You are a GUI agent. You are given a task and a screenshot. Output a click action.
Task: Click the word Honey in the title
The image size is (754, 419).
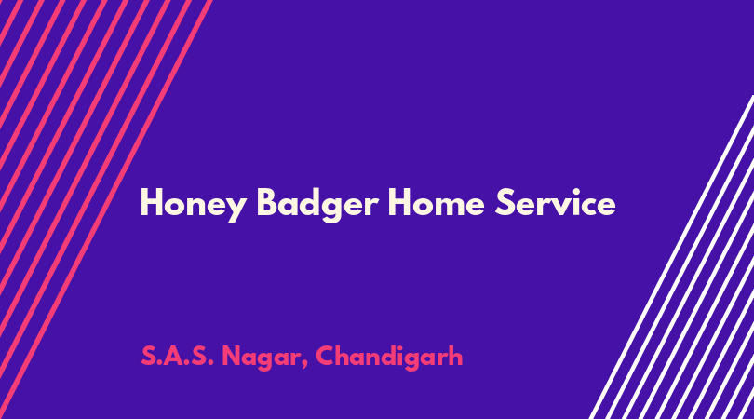pyautogui.click(x=194, y=205)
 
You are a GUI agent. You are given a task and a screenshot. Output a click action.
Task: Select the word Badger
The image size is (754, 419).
pyautogui.click(x=317, y=205)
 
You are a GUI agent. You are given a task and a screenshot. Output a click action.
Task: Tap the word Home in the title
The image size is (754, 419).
pyautogui.click(x=436, y=203)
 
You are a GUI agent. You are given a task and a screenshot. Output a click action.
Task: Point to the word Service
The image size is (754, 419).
pyautogui.click(x=556, y=202)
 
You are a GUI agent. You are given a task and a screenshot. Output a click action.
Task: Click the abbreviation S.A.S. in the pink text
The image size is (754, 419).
pyautogui.click(x=177, y=357)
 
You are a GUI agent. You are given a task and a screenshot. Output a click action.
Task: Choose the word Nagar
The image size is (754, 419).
pyautogui.click(x=260, y=358)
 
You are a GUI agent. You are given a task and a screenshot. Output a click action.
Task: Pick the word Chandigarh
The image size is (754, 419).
pyautogui.click(x=389, y=358)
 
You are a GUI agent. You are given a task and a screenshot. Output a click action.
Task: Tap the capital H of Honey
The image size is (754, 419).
pyautogui.click(x=151, y=202)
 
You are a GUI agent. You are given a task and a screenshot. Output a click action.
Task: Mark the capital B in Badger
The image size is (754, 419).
pyautogui.click(x=267, y=202)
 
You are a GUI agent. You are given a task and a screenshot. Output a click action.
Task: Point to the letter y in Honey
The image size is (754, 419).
pyautogui.click(x=236, y=209)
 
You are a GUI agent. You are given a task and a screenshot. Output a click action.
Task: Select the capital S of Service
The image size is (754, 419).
pyautogui.click(x=505, y=202)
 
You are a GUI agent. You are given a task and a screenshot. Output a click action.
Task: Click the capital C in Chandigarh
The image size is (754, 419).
pyautogui.click(x=325, y=357)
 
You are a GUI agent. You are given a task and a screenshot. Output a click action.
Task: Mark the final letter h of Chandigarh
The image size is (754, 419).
pyautogui.click(x=455, y=356)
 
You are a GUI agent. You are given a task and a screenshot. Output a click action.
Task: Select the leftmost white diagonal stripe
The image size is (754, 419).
pyautogui.click(x=672, y=257)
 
